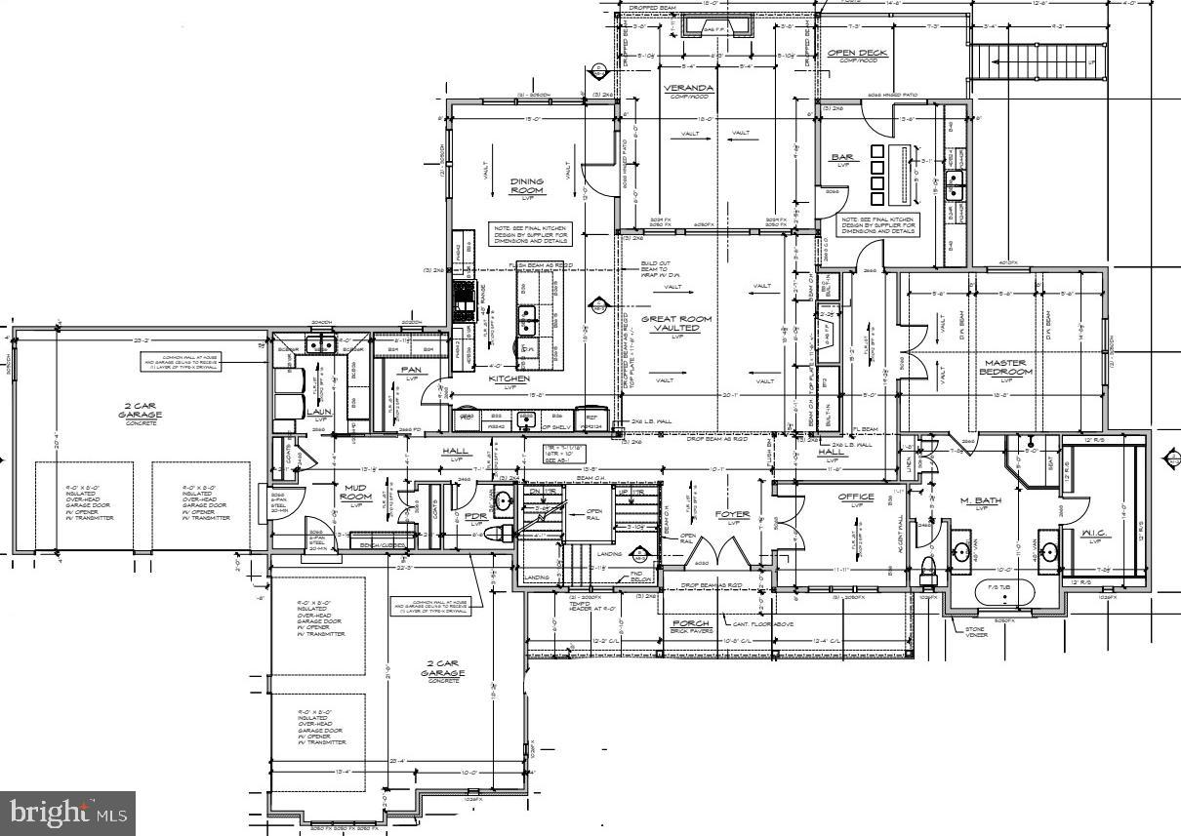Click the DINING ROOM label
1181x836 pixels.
pos(526,185)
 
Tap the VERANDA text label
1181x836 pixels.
pos(688,88)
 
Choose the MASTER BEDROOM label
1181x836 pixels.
pos(1004,368)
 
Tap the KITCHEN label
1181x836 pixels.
pos(509,378)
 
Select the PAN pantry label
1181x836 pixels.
pos(410,369)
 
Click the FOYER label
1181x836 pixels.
pos(732,514)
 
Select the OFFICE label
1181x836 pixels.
pos(856,498)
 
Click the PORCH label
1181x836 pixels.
pos(691,623)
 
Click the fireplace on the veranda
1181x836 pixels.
pos(716,26)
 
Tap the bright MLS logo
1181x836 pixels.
pos(67,812)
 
